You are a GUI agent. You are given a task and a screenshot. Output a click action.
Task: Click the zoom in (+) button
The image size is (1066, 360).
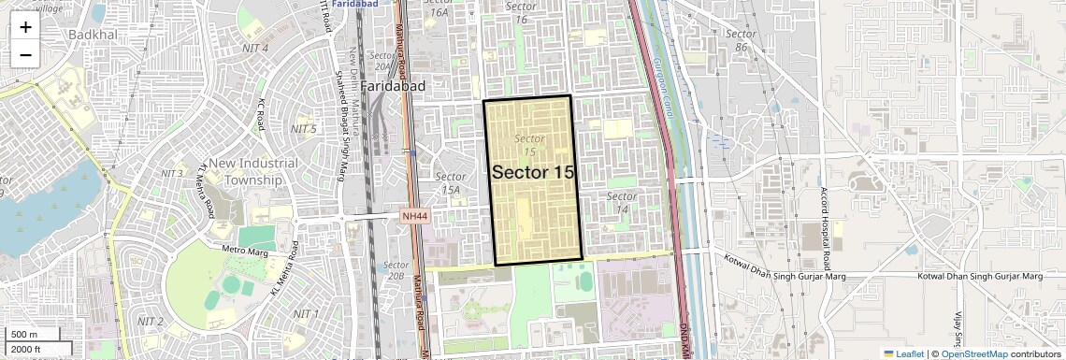coord(25,27)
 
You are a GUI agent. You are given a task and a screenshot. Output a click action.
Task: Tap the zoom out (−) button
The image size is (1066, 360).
coord(25,55)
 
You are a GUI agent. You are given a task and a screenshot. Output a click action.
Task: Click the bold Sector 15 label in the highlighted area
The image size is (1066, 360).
coord(532,172)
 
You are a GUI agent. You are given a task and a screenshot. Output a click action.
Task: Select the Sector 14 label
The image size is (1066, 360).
coord(622,202)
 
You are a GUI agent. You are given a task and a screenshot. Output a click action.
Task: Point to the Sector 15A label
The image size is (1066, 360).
coord(451,182)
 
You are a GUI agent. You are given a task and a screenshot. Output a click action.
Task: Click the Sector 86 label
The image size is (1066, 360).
coord(740,40)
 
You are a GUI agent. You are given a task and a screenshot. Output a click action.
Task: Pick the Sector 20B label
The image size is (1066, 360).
coord(395,270)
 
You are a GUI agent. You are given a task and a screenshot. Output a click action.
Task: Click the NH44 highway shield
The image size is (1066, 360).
coord(414,216)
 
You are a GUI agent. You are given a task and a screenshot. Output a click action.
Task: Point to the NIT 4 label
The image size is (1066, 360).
coord(253,48)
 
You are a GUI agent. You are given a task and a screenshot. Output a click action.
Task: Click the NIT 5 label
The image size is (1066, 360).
coord(303,128)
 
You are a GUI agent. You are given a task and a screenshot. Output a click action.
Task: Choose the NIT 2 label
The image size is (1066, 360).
coord(151,322)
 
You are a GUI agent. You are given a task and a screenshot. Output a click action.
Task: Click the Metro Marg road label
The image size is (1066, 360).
coord(246,251)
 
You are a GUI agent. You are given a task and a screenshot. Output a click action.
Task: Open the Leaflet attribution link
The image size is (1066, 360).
coord(903,353)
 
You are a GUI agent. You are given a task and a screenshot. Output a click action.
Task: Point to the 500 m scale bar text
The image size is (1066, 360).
coord(23,335)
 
